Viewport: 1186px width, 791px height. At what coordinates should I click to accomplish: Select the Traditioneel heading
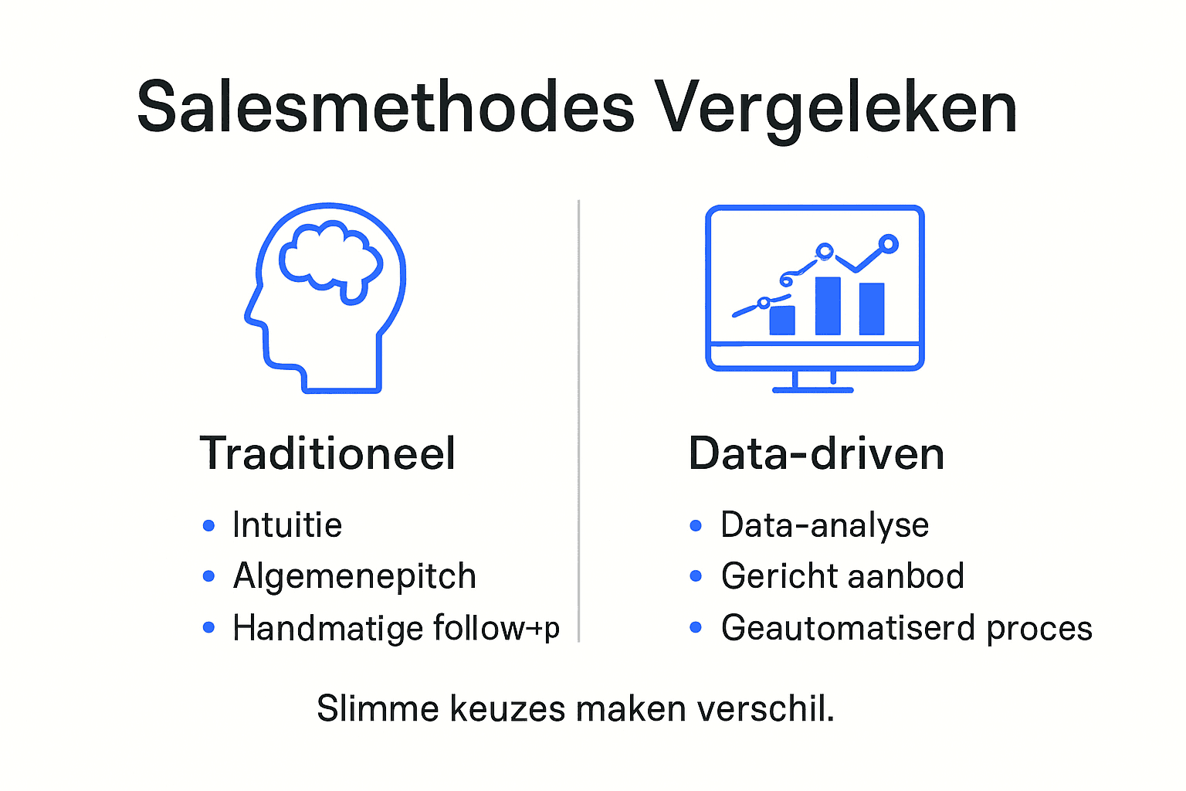[x=327, y=453]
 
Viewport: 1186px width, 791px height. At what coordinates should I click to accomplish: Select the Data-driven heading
[x=816, y=453]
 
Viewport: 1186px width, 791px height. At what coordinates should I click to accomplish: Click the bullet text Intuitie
[x=287, y=525]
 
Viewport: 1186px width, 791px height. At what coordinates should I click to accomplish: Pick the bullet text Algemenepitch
[x=354, y=576]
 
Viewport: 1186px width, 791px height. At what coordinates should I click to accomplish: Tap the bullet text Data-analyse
[x=825, y=525]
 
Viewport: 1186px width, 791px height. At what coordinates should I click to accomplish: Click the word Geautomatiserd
[x=848, y=628]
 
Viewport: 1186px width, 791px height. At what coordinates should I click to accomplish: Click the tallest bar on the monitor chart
[x=828, y=305]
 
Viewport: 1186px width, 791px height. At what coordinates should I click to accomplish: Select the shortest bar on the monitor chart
[x=782, y=320]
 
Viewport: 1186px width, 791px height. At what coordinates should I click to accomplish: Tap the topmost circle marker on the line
[x=889, y=244]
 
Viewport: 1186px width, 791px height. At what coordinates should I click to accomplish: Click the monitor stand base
[x=812, y=389]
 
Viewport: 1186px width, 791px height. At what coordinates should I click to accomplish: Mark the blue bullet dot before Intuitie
[x=208, y=526]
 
